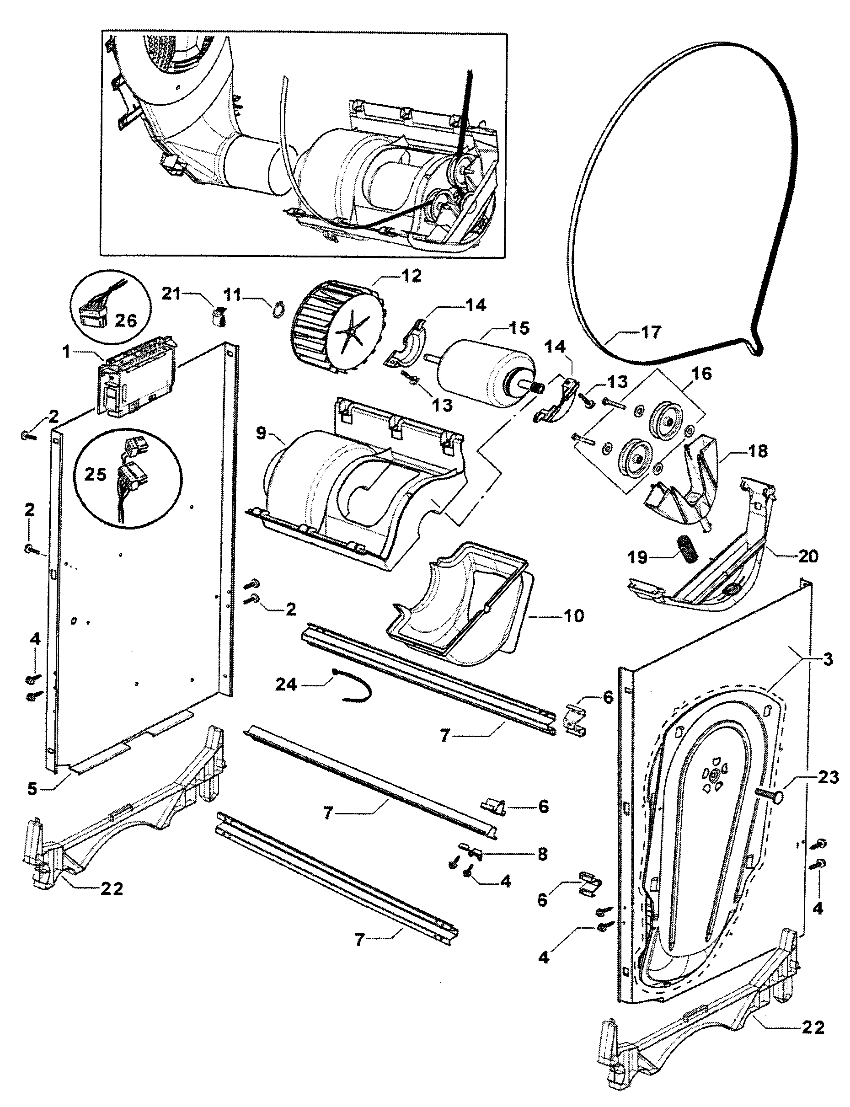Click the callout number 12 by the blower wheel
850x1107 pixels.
(x=412, y=276)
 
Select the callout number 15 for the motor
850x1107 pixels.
(x=519, y=328)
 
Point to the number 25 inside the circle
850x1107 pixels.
(x=95, y=474)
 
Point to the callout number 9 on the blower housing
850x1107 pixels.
(x=261, y=433)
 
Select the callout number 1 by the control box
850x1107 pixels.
(x=66, y=352)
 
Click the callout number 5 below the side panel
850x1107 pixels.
(x=32, y=789)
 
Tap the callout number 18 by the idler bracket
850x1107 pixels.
(x=758, y=451)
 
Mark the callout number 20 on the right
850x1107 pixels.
(x=808, y=556)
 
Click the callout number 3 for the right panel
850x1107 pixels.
(x=828, y=659)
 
